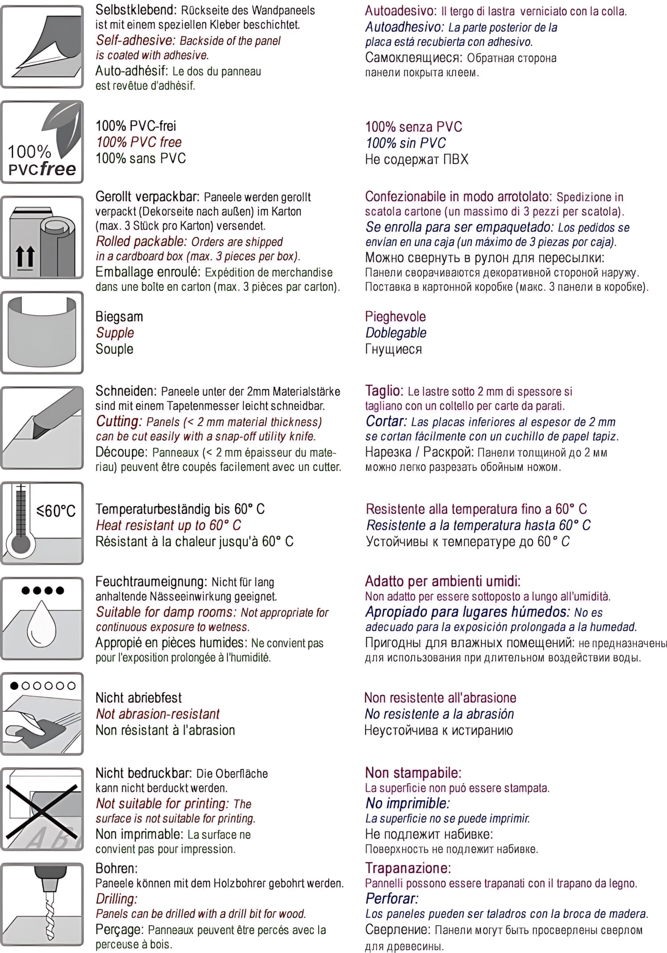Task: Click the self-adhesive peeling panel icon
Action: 42,47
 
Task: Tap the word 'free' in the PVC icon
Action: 58,169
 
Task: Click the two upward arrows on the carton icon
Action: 25,258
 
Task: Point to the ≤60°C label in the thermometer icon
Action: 56,510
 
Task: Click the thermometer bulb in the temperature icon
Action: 21,544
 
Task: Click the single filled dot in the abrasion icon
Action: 14,686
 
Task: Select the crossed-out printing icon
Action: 42,809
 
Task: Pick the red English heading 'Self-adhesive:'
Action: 136,40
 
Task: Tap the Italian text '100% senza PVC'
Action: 414,127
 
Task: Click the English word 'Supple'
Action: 115,333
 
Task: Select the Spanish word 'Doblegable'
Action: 396,333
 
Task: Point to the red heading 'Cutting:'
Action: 119,421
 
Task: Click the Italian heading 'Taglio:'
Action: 384,391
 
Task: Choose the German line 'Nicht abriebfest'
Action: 139,698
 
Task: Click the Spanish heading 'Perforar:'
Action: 392,898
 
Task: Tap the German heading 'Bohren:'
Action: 117,868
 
